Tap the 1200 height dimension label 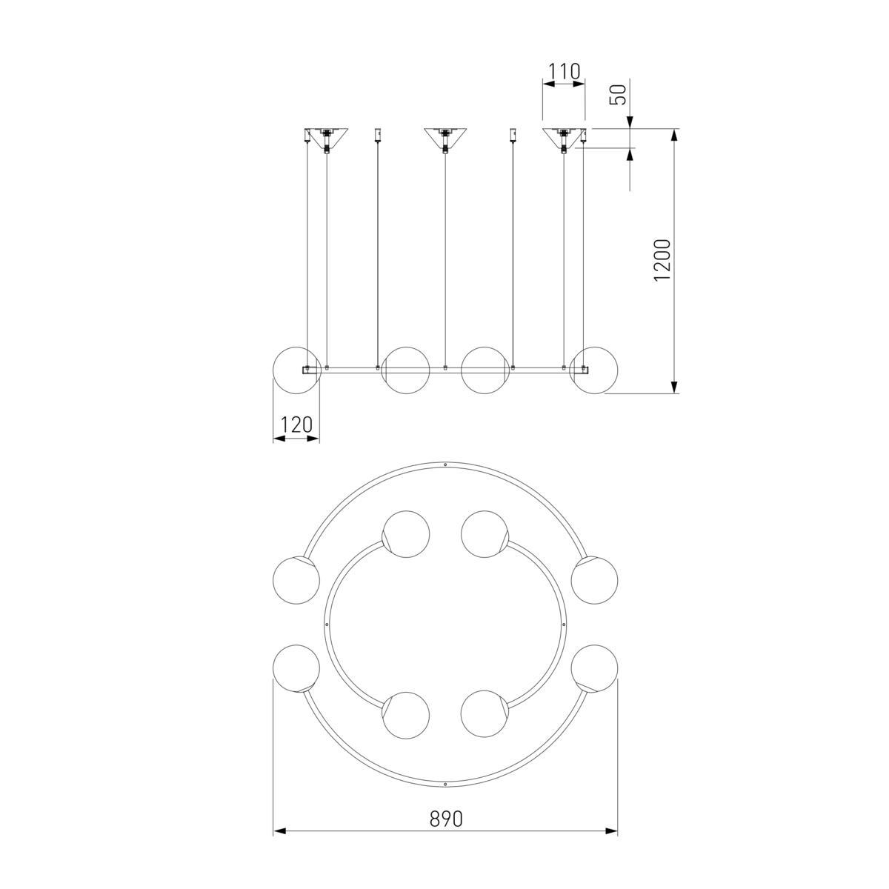tap(662, 260)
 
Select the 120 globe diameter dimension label tap(296, 424)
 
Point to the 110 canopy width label tap(564, 72)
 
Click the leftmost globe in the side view tap(296, 370)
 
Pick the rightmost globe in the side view tap(594, 370)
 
